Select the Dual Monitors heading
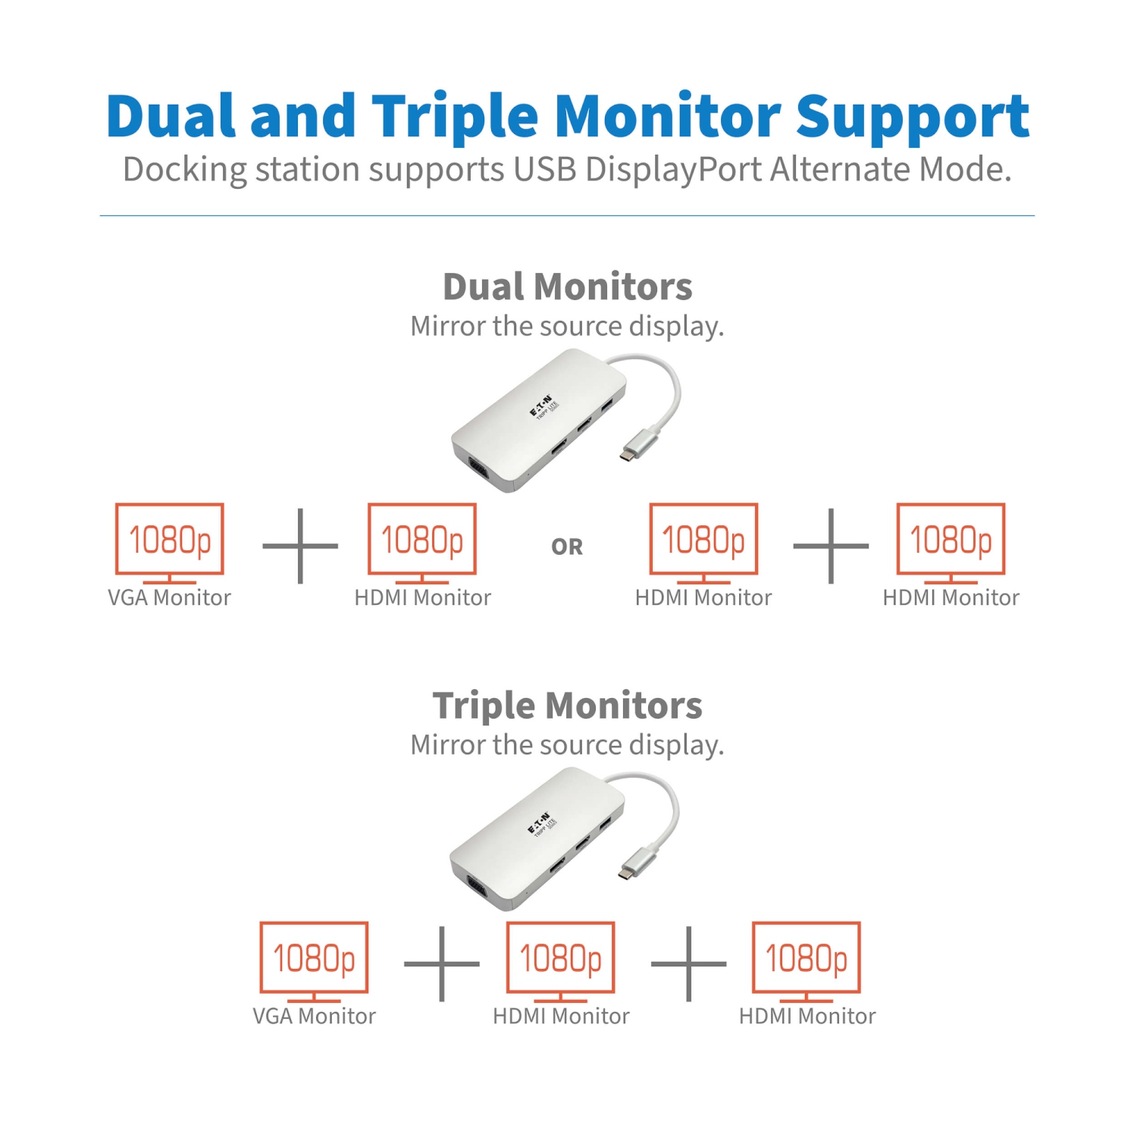[567, 287]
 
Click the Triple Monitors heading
[567, 705]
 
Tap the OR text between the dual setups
[567, 547]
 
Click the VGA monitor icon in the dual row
[170, 540]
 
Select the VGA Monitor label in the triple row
[314, 1016]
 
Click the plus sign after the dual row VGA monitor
[300, 546]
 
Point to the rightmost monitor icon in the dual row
[951, 540]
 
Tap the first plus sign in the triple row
[441, 963]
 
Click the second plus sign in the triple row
[688, 963]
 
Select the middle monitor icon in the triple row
[560, 958]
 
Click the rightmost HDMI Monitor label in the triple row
[807, 1016]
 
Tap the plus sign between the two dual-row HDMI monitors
[831, 546]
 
